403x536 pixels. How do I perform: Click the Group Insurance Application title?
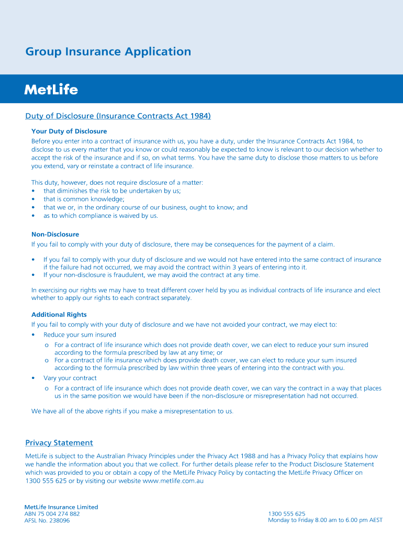(108, 52)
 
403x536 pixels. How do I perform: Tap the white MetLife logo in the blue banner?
(51, 90)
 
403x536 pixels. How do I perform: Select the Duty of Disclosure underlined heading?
(118, 116)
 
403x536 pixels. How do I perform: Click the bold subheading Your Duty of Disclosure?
(69, 131)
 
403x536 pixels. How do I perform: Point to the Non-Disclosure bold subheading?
(55, 234)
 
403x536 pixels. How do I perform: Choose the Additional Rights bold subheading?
(59, 315)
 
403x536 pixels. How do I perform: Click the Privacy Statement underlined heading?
(59, 443)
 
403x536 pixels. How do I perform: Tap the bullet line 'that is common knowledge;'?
(84, 199)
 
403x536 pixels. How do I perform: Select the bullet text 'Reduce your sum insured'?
(80, 334)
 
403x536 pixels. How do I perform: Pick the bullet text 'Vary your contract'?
(70, 378)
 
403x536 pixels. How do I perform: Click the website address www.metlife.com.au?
(173, 481)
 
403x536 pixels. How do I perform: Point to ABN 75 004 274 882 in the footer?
(52, 514)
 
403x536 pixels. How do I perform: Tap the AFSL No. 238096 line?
(47, 521)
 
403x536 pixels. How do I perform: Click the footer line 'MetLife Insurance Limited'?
(61, 507)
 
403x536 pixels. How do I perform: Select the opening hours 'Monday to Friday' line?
(325, 520)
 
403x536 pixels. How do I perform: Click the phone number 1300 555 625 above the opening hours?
(286, 514)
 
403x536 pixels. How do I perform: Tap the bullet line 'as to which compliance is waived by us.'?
(100, 216)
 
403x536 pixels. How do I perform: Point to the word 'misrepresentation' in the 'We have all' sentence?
(181, 411)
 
